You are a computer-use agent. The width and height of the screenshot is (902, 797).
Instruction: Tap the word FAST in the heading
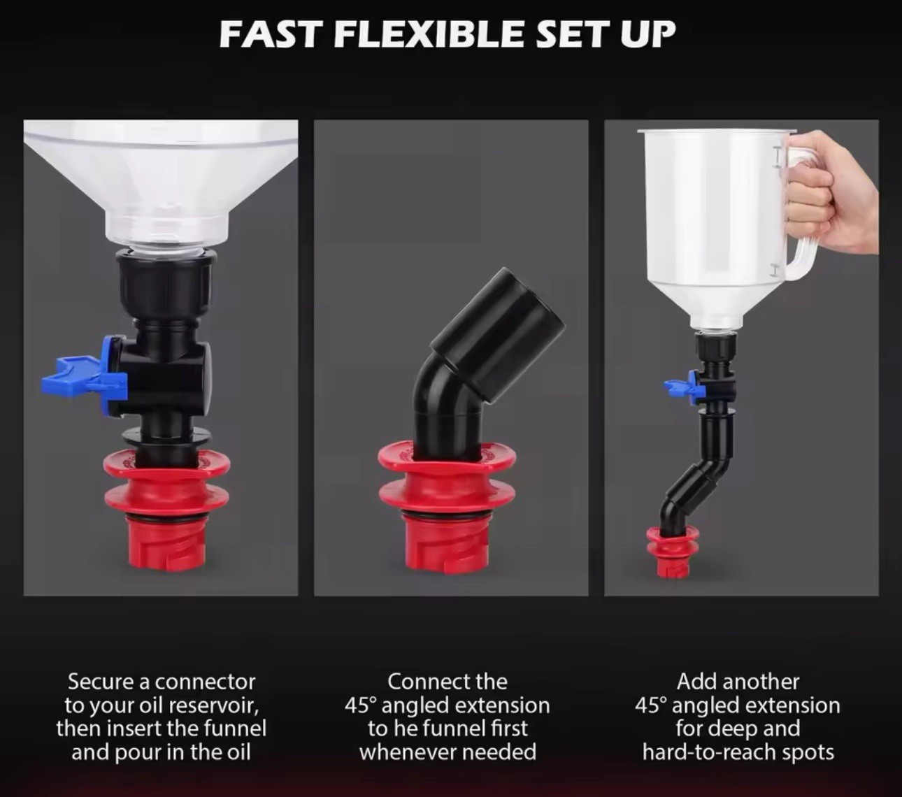coord(271,34)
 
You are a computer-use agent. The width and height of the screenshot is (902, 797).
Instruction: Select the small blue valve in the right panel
coord(682,385)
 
